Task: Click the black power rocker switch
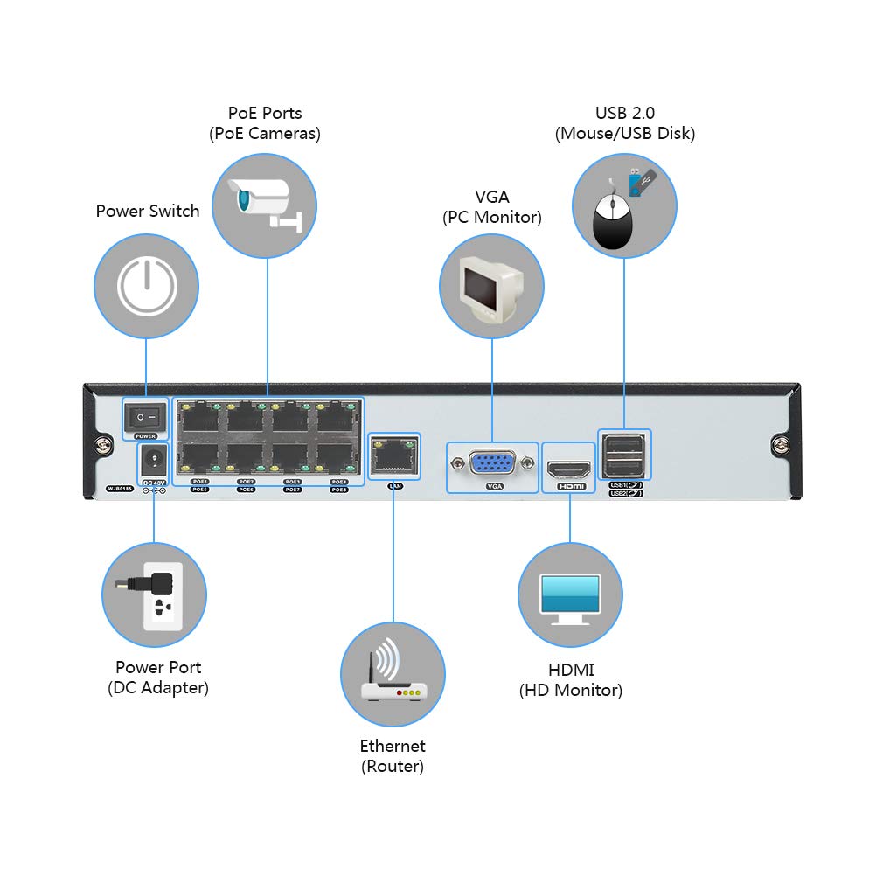click(x=145, y=418)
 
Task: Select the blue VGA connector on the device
click(x=492, y=463)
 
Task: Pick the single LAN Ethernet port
click(x=393, y=454)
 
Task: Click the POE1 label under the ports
click(x=200, y=482)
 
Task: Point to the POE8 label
click(x=339, y=490)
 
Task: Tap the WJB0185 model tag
click(x=119, y=490)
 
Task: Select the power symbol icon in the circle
click(x=147, y=287)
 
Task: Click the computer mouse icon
click(x=614, y=220)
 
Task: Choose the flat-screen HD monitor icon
click(x=570, y=598)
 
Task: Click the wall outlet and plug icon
click(x=156, y=595)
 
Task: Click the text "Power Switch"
click(x=148, y=211)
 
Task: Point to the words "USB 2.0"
click(x=624, y=113)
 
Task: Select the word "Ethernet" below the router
click(x=393, y=746)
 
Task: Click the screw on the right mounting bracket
click(x=778, y=447)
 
